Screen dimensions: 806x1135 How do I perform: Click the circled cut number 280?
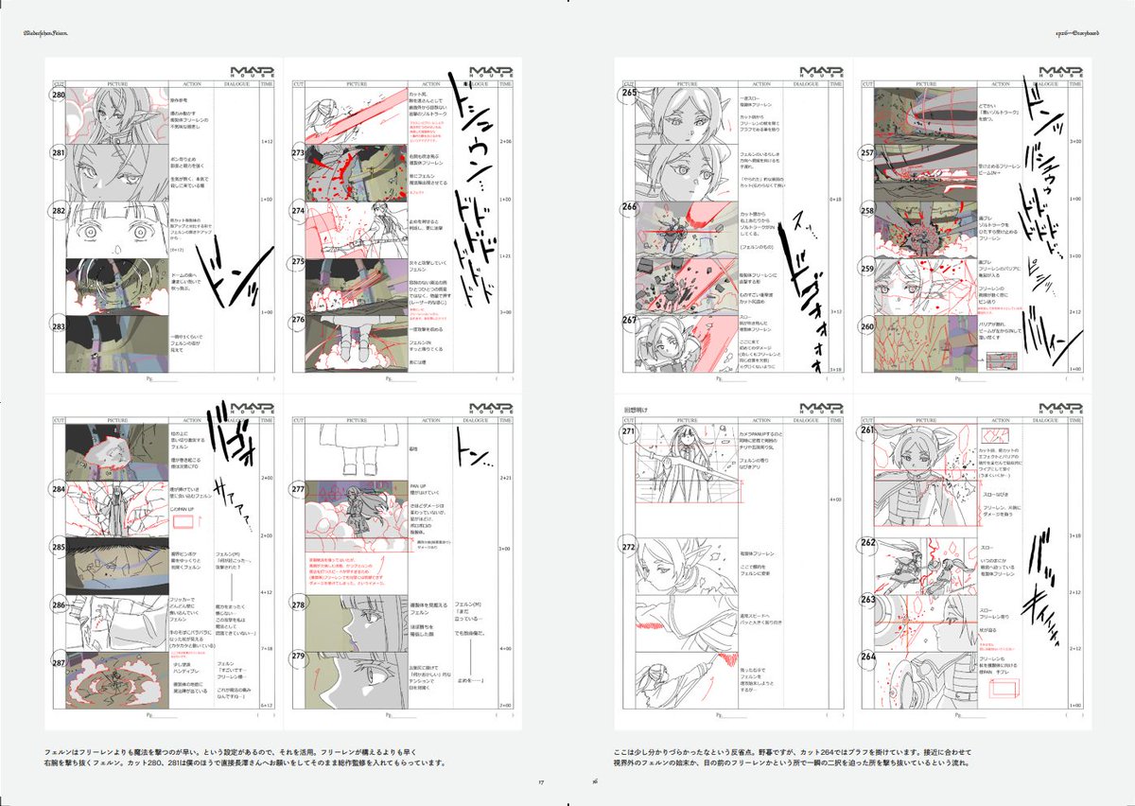pyautogui.click(x=59, y=97)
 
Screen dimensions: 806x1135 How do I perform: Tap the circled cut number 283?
pyautogui.click(x=59, y=327)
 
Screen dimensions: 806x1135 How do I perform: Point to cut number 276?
pyautogui.click(x=298, y=320)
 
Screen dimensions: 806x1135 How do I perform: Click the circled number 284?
pyautogui.click(x=59, y=490)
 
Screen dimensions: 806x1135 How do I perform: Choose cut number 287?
pyautogui.click(x=59, y=663)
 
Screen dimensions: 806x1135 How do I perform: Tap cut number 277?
pyautogui.click(x=298, y=490)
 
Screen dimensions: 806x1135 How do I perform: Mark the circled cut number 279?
pyautogui.click(x=298, y=657)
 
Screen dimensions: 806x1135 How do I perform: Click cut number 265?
pyautogui.click(x=627, y=94)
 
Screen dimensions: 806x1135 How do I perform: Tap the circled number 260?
pyautogui.click(x=867, y=327)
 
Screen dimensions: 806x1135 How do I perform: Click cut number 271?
pyautogui.click(x=627, y=432)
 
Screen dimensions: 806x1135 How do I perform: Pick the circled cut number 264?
pyautogui.click(x=867, y=657)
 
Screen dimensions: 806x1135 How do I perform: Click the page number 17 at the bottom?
pyautogui.click(x=541, y=781)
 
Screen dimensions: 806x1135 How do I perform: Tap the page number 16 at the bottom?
pyautogui.click(x=595, y=781)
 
